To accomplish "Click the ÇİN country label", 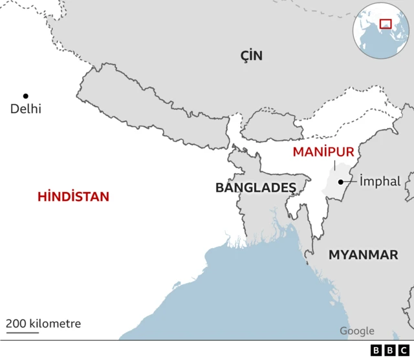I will point(251,56).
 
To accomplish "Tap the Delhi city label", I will point(25,109).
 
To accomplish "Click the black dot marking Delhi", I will point(26,96).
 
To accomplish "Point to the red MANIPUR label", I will point(323,153).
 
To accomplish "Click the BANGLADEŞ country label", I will point(256,188).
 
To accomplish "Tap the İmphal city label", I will point(380,182).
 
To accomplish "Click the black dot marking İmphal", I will point(340,182).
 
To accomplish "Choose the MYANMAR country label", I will point(363,255).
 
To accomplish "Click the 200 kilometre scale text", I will point(44,324).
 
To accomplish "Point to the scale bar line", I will point(23,333).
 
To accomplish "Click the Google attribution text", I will point(357,332).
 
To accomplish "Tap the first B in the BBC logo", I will point(377,350).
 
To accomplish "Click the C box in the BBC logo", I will point(404,350).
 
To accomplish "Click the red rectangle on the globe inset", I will point(386,24).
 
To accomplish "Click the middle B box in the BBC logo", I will point(390,350).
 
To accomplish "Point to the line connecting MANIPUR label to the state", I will point(334,165).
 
